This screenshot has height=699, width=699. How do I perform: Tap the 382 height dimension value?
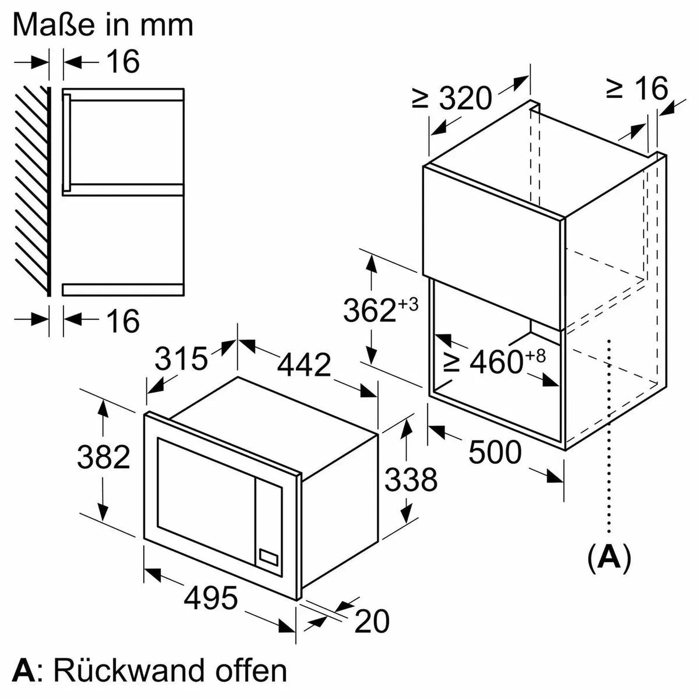[x=104, y=457]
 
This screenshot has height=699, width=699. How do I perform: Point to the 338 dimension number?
[x=411, y=479]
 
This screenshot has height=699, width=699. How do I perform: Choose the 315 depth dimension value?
[x=181, y=358]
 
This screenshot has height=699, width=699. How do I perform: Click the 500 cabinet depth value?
[x=495, y=452]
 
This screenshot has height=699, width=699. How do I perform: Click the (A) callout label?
[x=609, y=558]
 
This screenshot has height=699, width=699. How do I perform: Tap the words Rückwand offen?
[x=170, y=670]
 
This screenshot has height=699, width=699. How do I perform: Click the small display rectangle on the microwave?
[x=269, y=556]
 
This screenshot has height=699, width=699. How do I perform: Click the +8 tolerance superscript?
[x=535, y=356]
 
